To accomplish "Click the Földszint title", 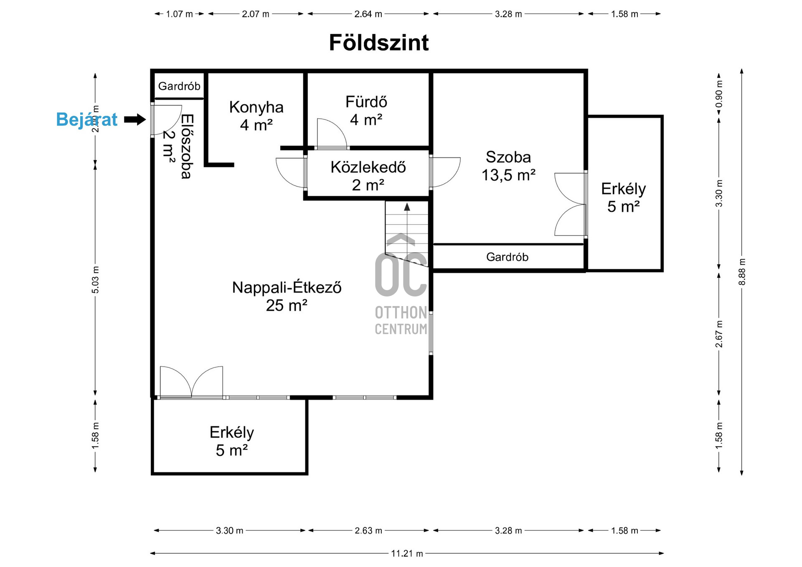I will point(378,43).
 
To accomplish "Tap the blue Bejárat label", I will point(86,119).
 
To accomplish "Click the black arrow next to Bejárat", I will point(135,120).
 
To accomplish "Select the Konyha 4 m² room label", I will point(256,116).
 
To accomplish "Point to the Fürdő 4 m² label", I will point(366,111).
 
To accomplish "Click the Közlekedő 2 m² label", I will point(368,175).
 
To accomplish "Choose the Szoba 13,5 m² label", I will point(508,166).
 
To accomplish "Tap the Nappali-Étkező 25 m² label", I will point(287,296).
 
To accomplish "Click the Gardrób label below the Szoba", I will point(507,257).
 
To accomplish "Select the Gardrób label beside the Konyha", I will point(179,86).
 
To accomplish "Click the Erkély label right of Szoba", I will point(623,197).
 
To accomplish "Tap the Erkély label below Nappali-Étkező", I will point(231,441).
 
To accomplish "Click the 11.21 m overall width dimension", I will point(407,554).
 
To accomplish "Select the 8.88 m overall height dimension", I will point(742,272).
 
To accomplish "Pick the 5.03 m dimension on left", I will point(95,279).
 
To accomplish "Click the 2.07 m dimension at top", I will point(255,14).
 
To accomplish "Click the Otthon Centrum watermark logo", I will point(401,284).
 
